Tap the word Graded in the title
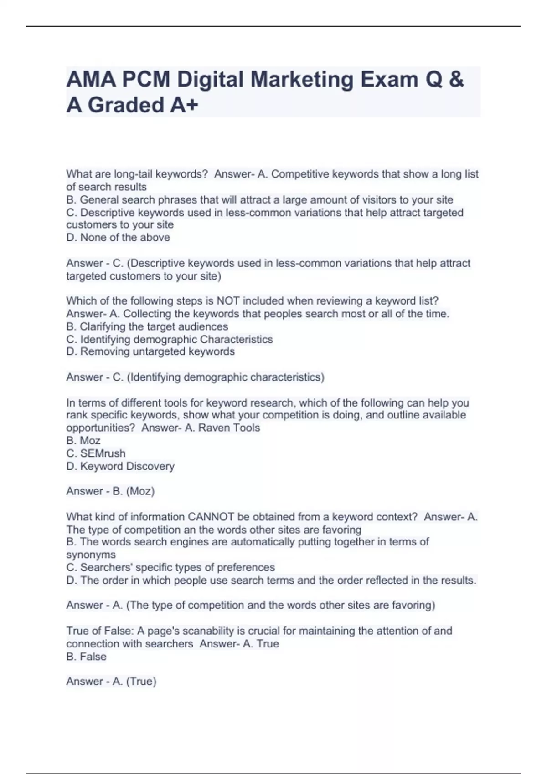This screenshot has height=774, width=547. click(x=125, y=105)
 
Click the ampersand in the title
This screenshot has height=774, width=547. click(x=456, y=80)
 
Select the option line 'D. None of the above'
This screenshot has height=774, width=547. click(x=118, y=238)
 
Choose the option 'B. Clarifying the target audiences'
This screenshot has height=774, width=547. click(x=147, y=327)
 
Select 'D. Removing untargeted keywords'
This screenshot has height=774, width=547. click(x=150, y=351)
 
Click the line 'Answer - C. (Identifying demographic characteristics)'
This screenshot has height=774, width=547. click(x=195, y=377)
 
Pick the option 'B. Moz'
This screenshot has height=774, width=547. click(x=83, y=441)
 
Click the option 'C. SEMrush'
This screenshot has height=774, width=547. click(x=96, y=453)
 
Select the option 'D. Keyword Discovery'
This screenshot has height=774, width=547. click(x=120, y=466)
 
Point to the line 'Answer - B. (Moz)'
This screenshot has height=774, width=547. click(x=110, y=491)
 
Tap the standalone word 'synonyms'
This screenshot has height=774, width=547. click(x=91, y=555)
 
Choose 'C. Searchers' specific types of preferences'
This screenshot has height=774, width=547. click(x=170, y=568)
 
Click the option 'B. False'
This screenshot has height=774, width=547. click(x=86, y=657)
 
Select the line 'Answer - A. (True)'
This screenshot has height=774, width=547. click(x=111, y=682)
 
